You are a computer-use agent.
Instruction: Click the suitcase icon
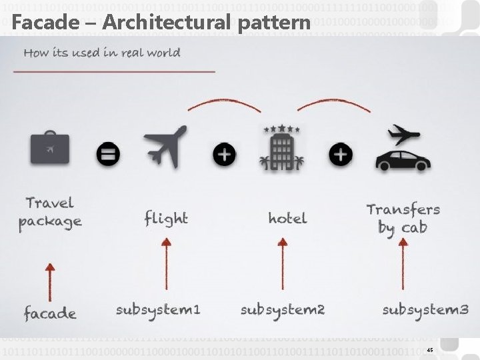tap(50, 148)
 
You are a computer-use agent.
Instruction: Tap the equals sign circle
tap(108, 155)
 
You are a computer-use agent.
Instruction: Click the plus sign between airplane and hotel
tap(224, 155)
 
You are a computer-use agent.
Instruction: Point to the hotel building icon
tap(282, 151)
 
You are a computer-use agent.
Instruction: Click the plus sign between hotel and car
tap(340, 155)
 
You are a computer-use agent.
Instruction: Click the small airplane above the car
tap(403, 134)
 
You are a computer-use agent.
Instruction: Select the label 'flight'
tap(166, 219)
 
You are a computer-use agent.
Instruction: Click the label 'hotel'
tap(287, 218)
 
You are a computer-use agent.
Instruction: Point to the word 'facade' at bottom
tap(49, 313)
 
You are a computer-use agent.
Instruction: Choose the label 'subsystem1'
tap(157, 310)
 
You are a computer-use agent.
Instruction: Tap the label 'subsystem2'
tap(282, 310)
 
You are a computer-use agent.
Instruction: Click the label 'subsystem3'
tap(425, 310)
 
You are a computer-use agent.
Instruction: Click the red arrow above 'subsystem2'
tap(282, 263)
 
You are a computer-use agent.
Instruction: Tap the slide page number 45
tap(429, 350)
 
